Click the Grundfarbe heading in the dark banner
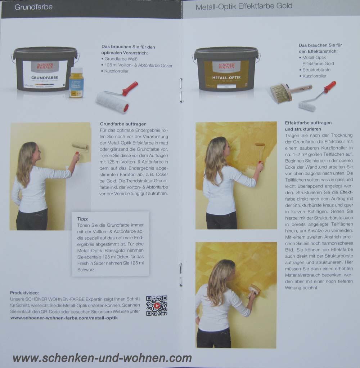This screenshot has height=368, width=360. (x=33, y=7)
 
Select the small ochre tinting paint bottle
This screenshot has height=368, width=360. (x=76, y=83)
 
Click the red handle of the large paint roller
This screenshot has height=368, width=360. (x=130, y=88)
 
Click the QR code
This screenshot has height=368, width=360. (x=157, y=306)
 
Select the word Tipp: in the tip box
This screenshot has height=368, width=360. (x=82, y=219)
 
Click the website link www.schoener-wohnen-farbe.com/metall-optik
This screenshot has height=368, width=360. (x=64, y=318)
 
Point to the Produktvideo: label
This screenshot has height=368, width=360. (x=24, y=293)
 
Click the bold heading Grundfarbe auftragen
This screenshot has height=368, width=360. (x=123, y=124)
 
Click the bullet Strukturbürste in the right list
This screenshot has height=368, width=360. (x=316, y=70)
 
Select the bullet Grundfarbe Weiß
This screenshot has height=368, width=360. (x=121, y=59)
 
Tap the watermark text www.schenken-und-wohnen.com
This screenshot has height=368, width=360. (x=102, y=358)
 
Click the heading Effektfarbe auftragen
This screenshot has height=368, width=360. (x=308, y=123)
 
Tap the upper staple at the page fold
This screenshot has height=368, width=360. (x=181, y=83)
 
